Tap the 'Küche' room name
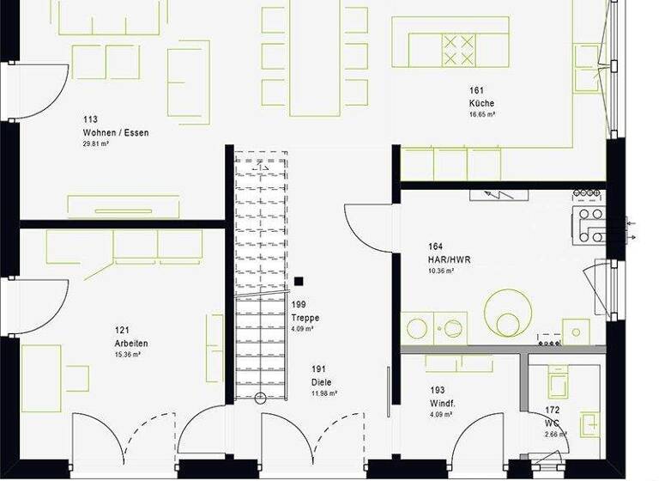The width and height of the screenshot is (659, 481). pos(481,104)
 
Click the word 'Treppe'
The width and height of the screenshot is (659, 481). pos(305,318)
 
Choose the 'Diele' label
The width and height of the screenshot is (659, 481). pos(322,383)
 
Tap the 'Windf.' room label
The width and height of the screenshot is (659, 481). pos(444,404)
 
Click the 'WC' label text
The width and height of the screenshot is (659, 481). pos(553,423)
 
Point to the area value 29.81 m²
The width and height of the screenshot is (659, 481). pos(95,144)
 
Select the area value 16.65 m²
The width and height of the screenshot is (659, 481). pos(481,114)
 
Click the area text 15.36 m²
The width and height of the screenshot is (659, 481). pos(127,354)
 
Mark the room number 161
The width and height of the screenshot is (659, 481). pos(476,90)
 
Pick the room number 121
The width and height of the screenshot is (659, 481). pos(122,329)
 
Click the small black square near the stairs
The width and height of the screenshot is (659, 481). pos(298,281)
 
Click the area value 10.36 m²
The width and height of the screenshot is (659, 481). pos(441,271)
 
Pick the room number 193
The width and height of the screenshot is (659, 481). pos(437,389)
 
